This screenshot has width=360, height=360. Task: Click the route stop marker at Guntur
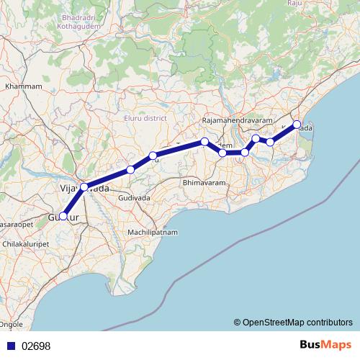coord(63,215)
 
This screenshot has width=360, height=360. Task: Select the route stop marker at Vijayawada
coord(84,187)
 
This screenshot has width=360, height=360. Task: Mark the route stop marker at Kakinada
coord(297,125)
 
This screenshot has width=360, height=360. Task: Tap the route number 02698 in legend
coord(35,346)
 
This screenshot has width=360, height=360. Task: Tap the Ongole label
coord(13,325)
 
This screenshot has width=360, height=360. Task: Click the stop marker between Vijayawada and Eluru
coord(130,170)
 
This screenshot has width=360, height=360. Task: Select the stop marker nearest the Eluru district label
coord(153,156)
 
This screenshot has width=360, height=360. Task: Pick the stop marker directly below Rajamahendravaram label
coord(222,153)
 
